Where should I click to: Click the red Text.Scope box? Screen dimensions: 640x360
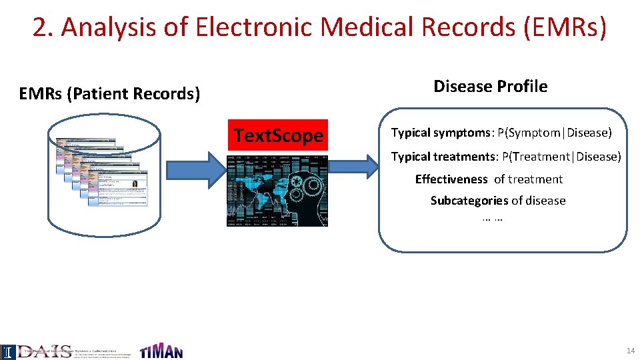coord(278,136)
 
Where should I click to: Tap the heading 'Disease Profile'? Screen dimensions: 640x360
coord(490,86)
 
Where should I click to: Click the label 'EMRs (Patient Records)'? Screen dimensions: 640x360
coord(109,94)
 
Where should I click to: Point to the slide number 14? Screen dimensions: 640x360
coord(630,351)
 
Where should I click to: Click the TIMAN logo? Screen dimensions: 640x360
coord(161,351)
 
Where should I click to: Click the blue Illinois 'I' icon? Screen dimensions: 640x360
coord(7,351)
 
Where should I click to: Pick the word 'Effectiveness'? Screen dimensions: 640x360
coord(451,179)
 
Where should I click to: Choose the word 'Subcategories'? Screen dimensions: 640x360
coord(469,201)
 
